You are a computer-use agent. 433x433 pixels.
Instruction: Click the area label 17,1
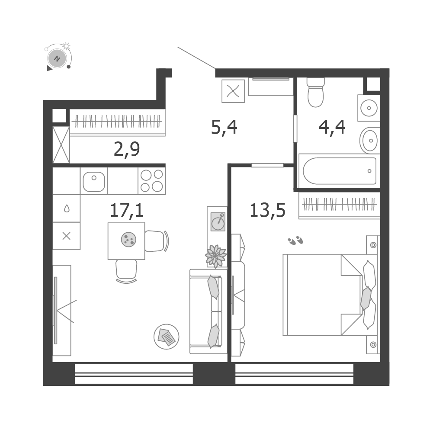(x=127, y=210)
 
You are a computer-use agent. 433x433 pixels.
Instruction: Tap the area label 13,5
(x=267, y=210)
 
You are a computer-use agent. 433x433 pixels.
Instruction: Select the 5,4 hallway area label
(x=224, y=128)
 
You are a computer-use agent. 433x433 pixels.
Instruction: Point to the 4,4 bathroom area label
(x=332, y=128)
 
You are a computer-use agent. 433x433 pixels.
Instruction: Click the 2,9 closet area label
(x=127, y=149)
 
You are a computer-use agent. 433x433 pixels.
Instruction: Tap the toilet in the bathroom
(x=316, y=92)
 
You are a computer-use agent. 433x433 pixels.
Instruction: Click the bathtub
(x=340, y=171)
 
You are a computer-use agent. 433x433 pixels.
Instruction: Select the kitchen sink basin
(x=94, y=181)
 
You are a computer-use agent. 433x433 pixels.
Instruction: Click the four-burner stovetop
(x=151, y=181)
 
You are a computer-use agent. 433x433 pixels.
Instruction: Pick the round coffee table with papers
(x=166, y=337)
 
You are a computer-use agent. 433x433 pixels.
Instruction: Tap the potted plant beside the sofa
(x=216, y=256)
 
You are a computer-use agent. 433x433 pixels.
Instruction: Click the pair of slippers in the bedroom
(x=295, y=241)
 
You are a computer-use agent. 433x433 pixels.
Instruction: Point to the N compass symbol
(x=57, y=58)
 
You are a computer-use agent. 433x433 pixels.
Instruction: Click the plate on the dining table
(x=128, y=239)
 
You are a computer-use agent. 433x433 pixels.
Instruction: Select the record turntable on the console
(x=218, y=221)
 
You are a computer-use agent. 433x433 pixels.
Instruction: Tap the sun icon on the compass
(x=66, y=46)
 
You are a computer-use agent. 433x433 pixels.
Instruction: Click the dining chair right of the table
(x=157, y=241)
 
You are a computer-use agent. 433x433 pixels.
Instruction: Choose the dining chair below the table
(x=126, y=271)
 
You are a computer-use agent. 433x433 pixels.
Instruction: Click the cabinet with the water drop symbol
(x=66, y=208)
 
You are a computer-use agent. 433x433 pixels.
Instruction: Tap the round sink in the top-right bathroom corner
(x=369, y=108)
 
